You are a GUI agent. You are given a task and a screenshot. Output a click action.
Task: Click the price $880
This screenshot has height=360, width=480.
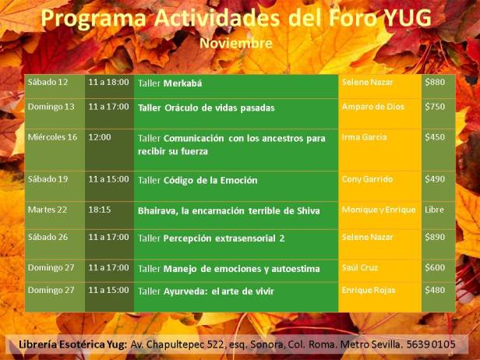tap(434, 82)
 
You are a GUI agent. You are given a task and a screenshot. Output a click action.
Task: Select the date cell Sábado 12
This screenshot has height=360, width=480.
tap(48, 82)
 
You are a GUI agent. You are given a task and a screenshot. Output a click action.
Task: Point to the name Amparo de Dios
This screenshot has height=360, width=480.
tap(373, 107)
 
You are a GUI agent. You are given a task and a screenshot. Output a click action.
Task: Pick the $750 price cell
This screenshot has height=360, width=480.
tap(434, 107)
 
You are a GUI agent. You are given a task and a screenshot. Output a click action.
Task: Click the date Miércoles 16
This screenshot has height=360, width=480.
tap(52, 137)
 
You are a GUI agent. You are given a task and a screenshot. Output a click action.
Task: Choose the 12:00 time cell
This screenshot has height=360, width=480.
tap(100, 137)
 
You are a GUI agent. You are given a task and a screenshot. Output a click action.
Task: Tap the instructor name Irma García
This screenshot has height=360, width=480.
tap(364, 137)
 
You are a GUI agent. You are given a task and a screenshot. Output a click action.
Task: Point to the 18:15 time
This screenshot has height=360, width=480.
tap(100, 210)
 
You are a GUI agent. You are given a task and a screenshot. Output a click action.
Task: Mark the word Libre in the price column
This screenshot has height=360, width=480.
tap(434, 210)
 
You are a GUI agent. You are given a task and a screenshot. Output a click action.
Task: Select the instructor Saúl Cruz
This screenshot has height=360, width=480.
tap(360, 268)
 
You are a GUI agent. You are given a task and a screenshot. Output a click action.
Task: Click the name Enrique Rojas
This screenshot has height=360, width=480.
tap(369, 291)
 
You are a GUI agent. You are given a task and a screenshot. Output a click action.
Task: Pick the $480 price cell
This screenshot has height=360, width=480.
tap(434, 291)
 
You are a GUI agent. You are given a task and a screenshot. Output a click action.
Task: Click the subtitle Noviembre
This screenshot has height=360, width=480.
tap(236, 43)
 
